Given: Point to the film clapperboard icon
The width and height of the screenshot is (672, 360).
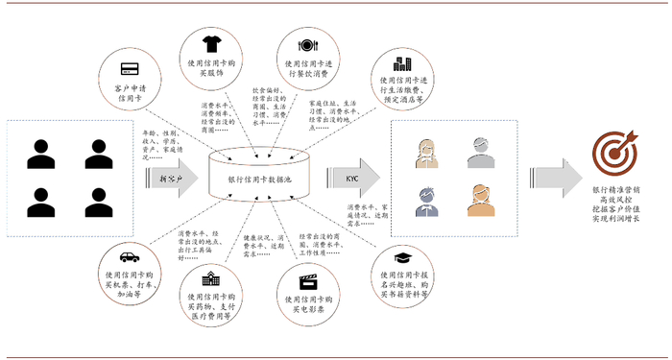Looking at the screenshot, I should tap(308, 281).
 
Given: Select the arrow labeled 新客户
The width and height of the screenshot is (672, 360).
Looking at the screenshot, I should tap(165, 178).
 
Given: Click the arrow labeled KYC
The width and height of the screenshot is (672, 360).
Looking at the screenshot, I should tap(356, 178).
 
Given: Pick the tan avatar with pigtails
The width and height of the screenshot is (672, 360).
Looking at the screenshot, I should tap(426, 151).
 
